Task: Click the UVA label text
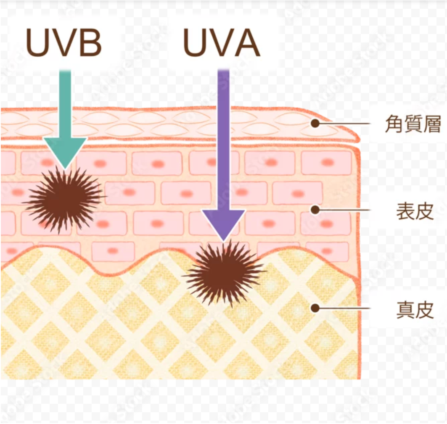tap(222, 43)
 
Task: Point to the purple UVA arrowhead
tap(224, 223)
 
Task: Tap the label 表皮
tap(415, 211)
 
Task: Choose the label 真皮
tap(415, 309)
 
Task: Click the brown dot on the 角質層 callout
tap(315, 124)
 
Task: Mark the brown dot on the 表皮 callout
tap(315, 209)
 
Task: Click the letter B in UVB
tap(90, 43)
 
